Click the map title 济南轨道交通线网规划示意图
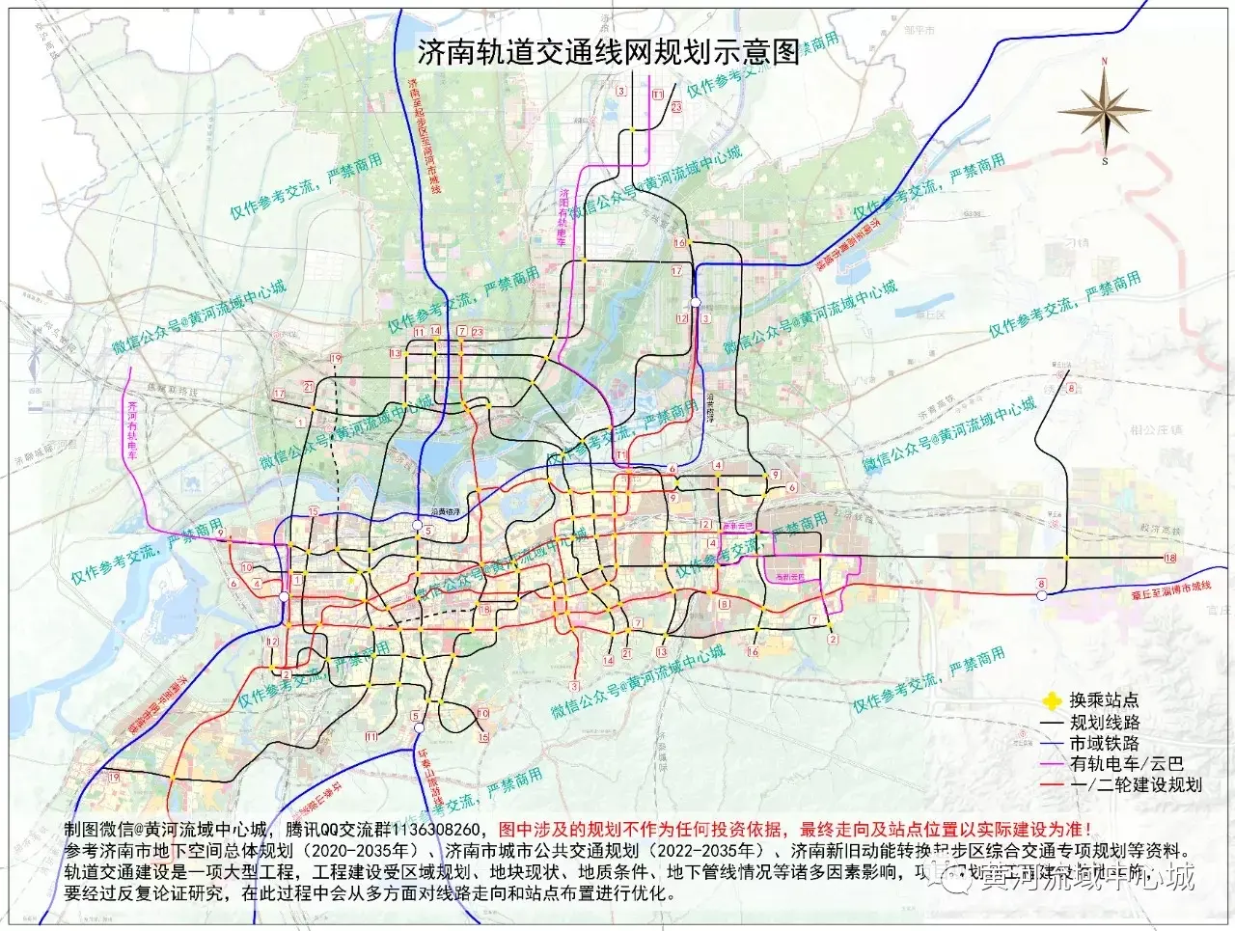[609, 51]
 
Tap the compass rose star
[1104, 111]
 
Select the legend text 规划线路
[1104, 722]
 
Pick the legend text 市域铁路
[1104, 743]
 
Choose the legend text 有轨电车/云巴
[1126, 763]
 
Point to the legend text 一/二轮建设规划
[1136, 784]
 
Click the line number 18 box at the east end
[1170, 558]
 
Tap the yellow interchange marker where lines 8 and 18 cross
[1066, 557]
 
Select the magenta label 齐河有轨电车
[132, 428]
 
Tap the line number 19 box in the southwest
[115, 778]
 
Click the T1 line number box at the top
[657, 94]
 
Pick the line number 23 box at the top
[675, 107]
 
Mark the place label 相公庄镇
[1156, 429]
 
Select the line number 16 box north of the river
[679, 243]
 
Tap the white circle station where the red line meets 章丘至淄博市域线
[1041, 596]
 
